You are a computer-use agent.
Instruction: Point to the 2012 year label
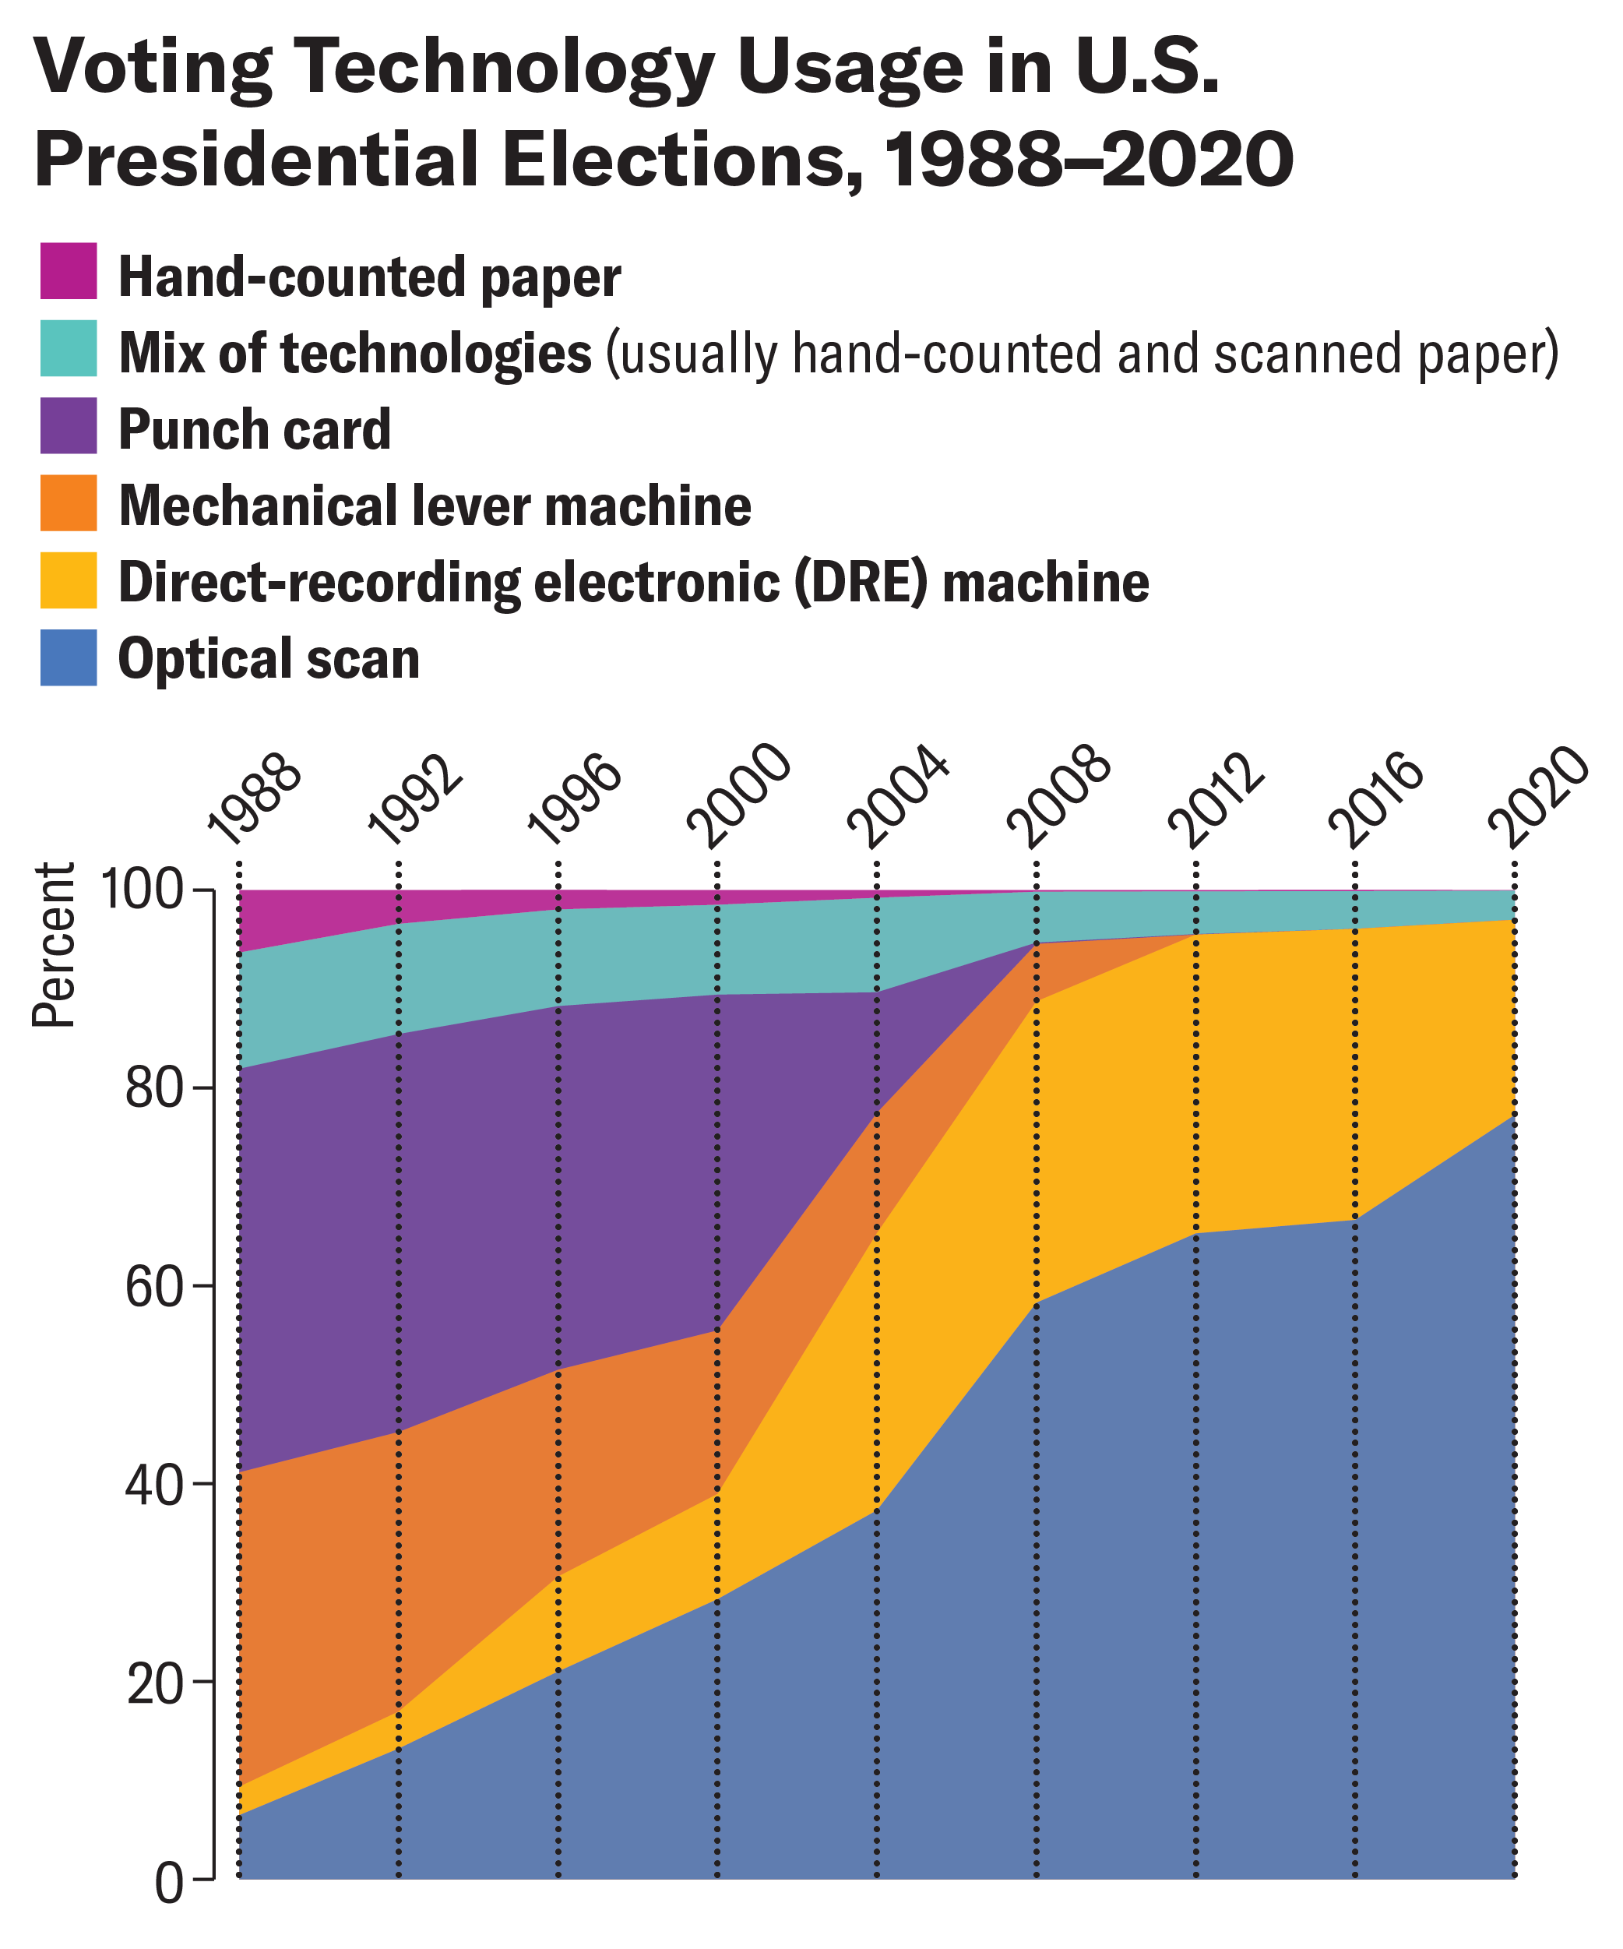1216,799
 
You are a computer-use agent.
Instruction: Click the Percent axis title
53,945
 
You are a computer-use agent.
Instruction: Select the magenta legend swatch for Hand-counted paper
68,270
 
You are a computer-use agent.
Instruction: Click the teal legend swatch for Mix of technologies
68,347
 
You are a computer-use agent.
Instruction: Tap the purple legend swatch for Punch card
68,425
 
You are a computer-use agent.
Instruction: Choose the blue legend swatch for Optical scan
68,657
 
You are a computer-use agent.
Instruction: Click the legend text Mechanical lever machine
435,506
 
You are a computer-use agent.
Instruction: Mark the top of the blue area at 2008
1036,1301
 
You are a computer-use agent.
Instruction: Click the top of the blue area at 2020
1513,1116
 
